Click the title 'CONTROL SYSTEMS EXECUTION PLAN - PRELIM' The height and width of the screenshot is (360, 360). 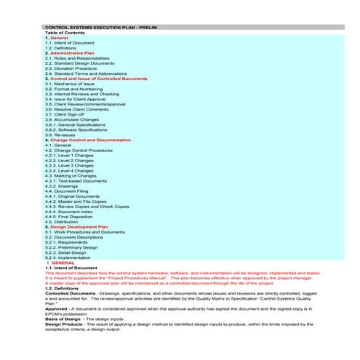100,27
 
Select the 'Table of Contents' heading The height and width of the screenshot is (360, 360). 65,32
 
